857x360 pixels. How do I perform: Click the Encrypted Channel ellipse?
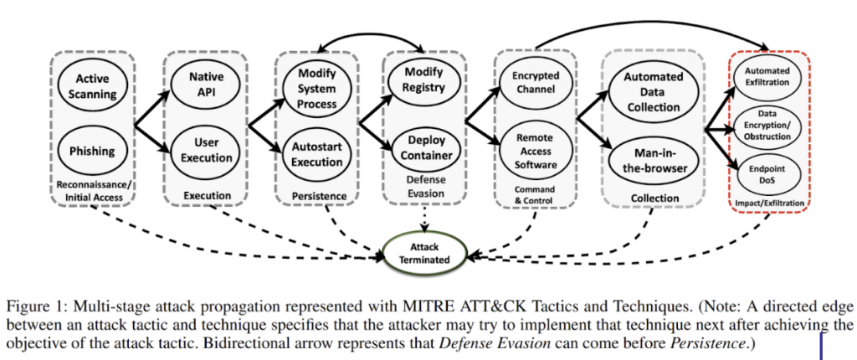(536, 84)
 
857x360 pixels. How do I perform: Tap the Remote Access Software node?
(536, 153)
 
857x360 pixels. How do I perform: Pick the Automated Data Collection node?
(653, 91)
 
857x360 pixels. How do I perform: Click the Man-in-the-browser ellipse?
(653, 160)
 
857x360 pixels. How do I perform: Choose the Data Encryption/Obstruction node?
(767, 124)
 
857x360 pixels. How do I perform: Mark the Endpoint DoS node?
(767, 172)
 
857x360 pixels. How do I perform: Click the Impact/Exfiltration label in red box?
(767, 203)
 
